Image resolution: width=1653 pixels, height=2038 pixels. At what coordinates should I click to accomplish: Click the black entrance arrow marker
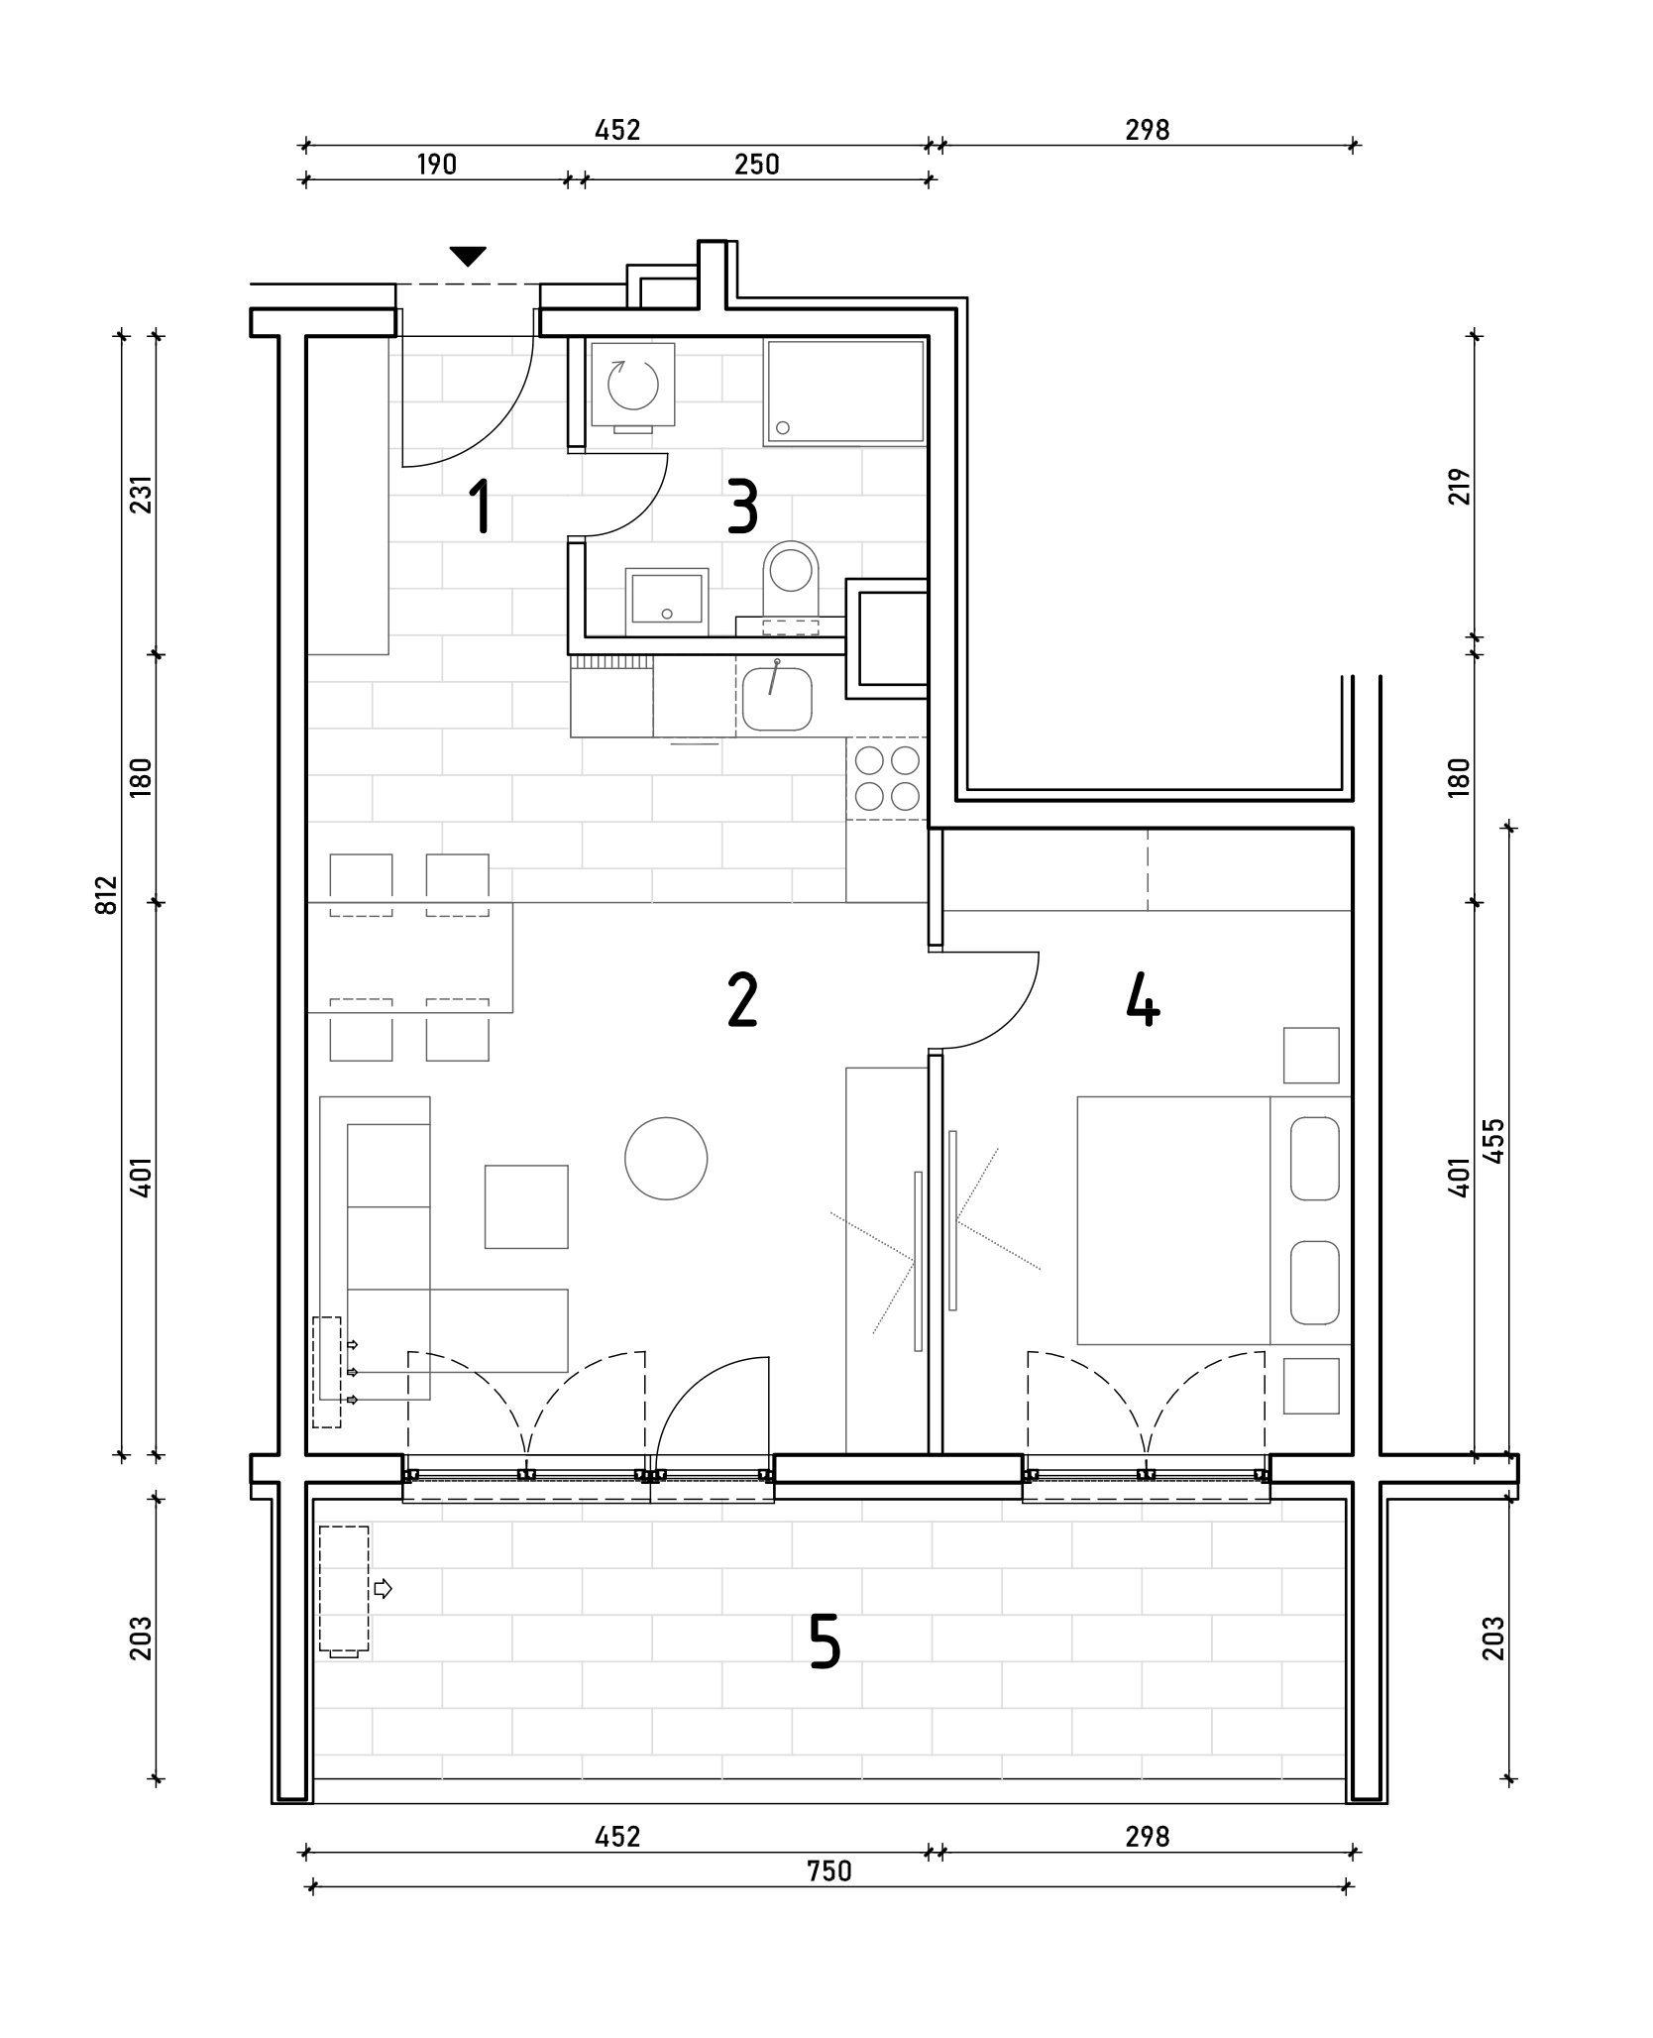(x=468, y=257)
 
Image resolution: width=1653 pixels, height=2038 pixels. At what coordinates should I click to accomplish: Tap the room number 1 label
(x=481, y=506)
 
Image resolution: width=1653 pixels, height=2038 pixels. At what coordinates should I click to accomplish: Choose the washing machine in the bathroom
(x=632, y=387)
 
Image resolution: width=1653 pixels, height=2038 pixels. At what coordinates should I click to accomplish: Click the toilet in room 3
(x=791, y=580)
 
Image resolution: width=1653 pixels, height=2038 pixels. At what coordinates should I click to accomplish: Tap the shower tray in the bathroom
(x=844, y=393)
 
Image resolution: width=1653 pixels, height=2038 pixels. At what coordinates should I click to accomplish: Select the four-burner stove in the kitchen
(x=887, y=778)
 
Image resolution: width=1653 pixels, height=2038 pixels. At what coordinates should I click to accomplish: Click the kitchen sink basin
(x=777, y=699)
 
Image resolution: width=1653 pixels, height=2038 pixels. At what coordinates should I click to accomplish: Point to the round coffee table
(x=666, y=1158)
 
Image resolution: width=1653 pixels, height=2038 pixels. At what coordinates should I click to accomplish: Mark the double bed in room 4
(x=1214, y=1220)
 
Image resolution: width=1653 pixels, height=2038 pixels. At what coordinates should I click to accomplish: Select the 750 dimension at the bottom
(x=828, y=1870)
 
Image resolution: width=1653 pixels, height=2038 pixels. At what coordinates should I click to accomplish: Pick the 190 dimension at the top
(x=436, y=165)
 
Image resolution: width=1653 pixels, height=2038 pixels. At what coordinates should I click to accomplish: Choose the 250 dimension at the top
(x=757, y=165)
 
